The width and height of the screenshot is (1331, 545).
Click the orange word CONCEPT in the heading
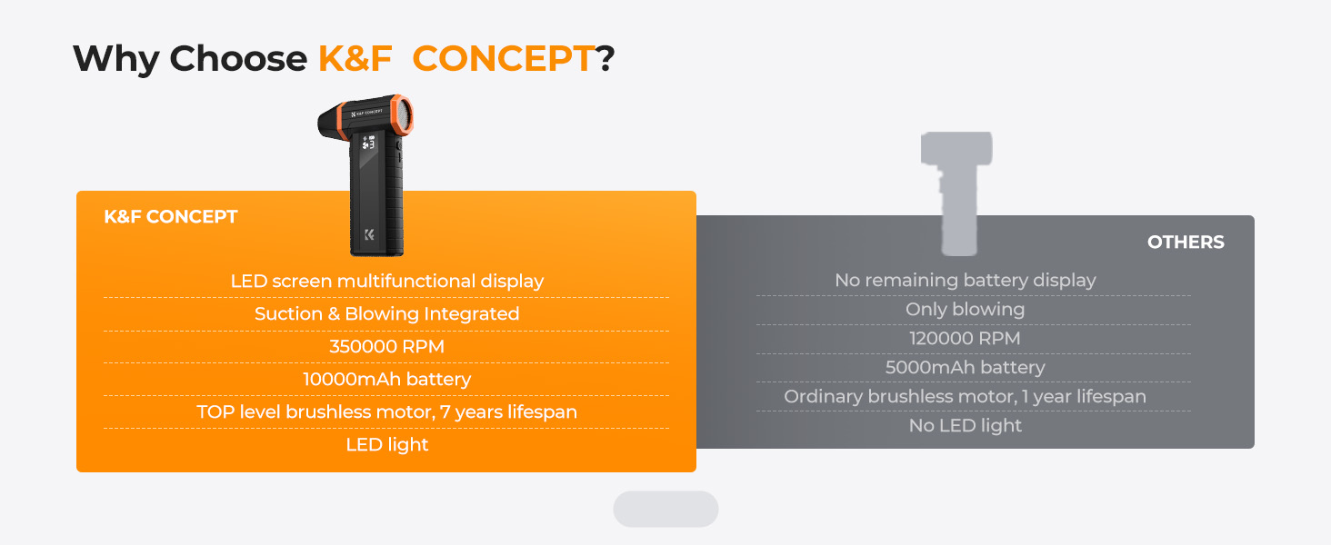(x=504, y=59)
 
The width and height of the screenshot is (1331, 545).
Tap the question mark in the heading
(x=605, y=59)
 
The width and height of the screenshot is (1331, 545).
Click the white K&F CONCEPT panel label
(x=171, y=217)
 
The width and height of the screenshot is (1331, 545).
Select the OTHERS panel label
(x=1186, y=243)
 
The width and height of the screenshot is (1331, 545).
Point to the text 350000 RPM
(x=386, y=347)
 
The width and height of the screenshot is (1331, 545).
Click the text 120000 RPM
(x=965, y=339)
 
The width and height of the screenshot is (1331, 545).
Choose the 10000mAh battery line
(x=386, y=380)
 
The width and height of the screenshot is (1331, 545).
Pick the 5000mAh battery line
(x=965, y=368)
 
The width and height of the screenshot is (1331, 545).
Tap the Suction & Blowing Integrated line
(x=386, y=313)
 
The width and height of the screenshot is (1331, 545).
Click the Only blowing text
(x=965, y=310)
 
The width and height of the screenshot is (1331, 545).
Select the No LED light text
(x=965, y=426)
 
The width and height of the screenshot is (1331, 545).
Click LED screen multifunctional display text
(x=386, y=281)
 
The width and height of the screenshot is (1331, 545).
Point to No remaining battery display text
(x=965, y=280)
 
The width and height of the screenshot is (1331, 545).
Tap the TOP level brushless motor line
(x=386, y=412)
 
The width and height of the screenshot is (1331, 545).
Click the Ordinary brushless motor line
(x=965, y=397)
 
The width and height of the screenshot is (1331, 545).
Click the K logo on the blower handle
(x=369, y=235)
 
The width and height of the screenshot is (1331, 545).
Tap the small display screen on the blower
(x=368, y=143)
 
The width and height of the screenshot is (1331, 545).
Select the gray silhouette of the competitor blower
(x=956, y=193)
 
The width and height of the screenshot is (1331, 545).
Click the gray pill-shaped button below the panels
(x=665, y=509)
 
